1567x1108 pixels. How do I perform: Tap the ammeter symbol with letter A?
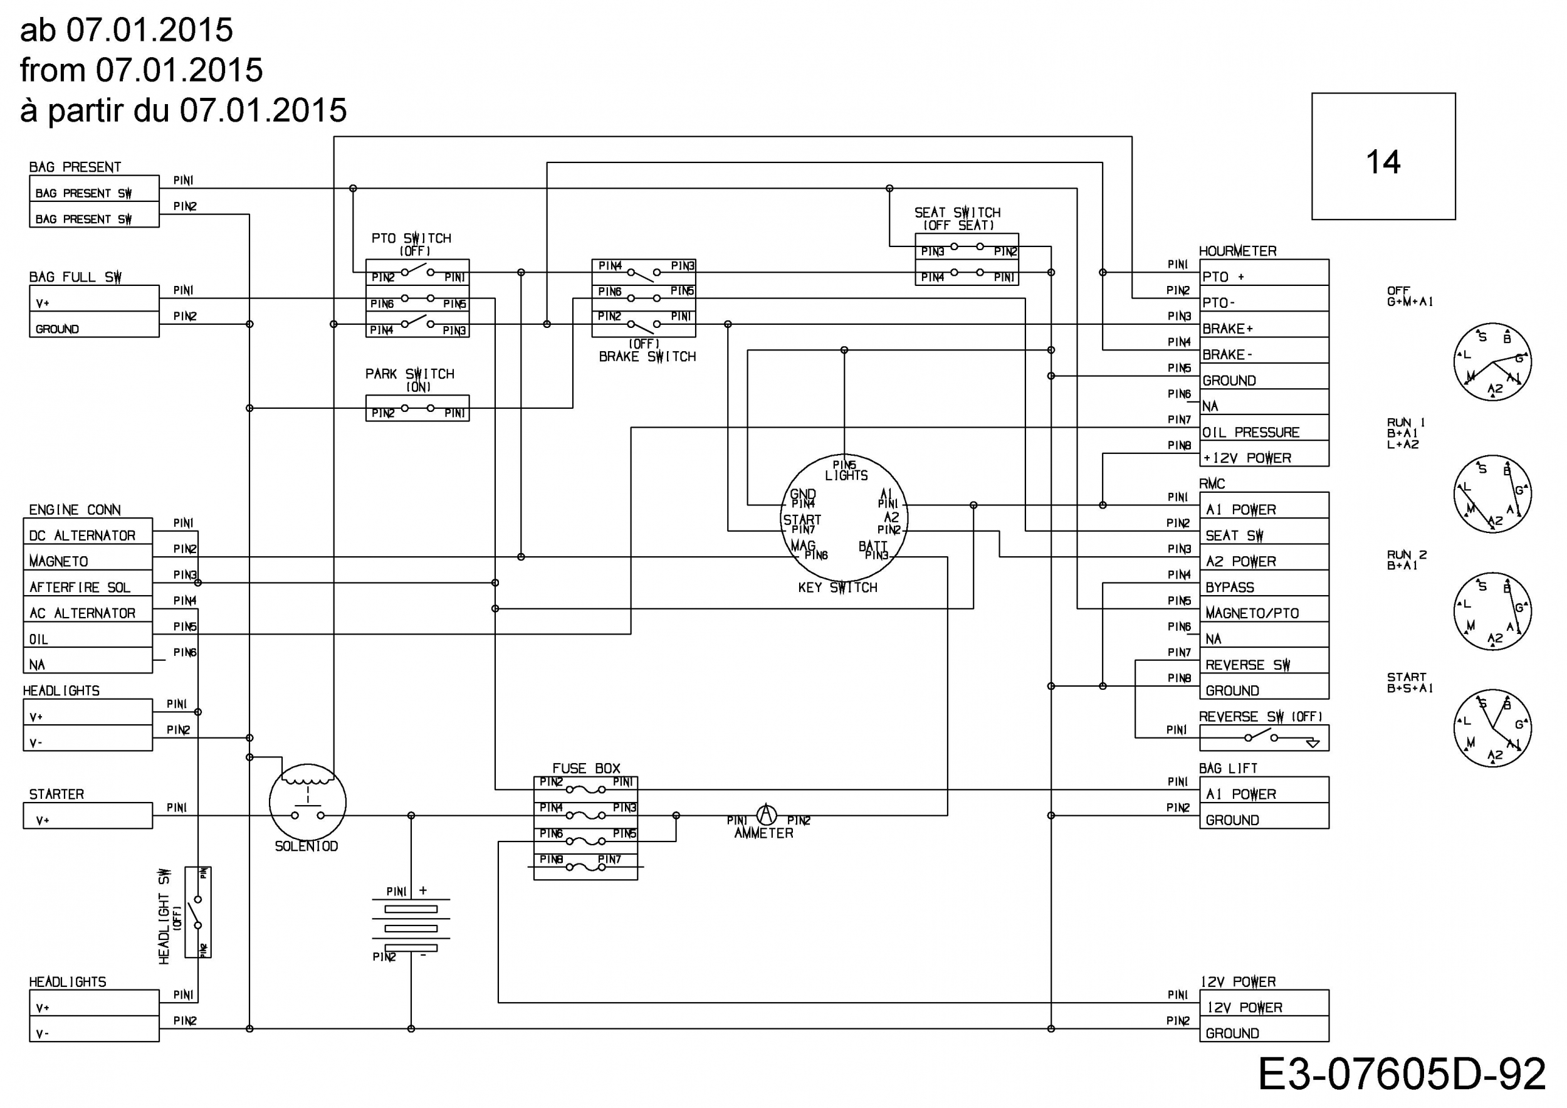[x=767, y=815]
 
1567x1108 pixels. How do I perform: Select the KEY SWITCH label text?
[x=837, y=587]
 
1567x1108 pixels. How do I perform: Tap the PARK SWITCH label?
[x=409, y=374]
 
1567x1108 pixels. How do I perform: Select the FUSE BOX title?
[x=586, y=768]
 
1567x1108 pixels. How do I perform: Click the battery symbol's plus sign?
[x=423, y=890]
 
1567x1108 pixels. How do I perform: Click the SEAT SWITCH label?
[x=958, y=213]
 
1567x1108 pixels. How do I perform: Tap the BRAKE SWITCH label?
[x=647, y=356]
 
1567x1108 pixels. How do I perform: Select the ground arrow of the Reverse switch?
[x=1313, y=744]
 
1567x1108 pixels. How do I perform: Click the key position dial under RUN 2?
[x=1492, y=611]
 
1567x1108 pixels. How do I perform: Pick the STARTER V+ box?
[x=88, y=816]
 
